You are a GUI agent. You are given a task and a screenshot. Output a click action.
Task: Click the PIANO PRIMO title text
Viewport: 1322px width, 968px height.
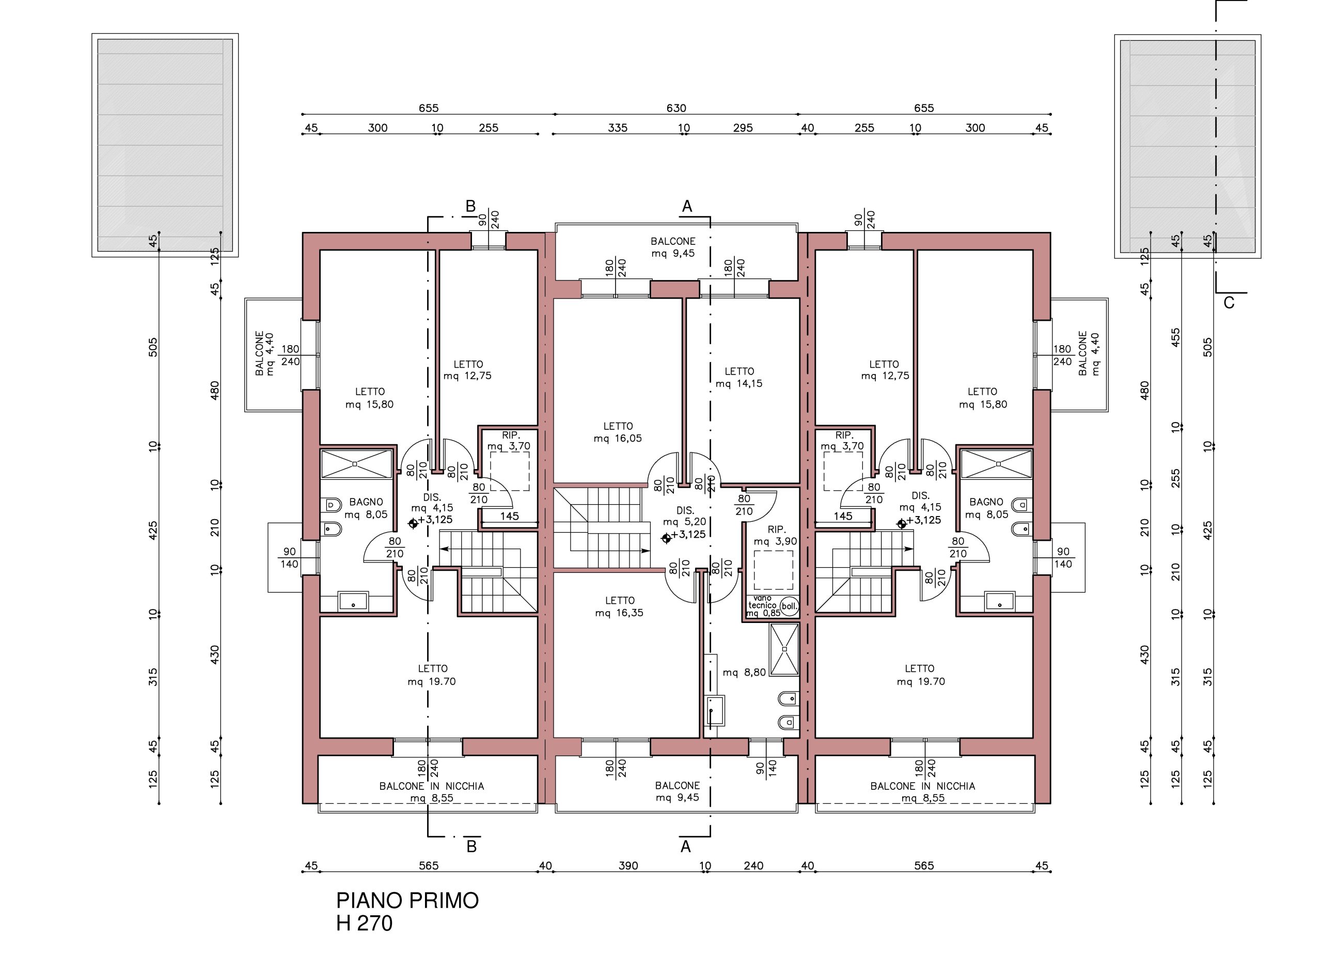pyautogui.click(x=407, y=901)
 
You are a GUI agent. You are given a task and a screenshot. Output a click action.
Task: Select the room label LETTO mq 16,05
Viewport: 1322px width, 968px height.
pyautogui.click(x=618, y=432)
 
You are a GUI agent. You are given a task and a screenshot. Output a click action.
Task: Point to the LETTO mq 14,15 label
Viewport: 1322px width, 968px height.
pyautogui.click(x=739, y=378)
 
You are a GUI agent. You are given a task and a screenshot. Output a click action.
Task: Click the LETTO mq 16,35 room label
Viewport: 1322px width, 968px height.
pyautogui.click(x=619, y=606)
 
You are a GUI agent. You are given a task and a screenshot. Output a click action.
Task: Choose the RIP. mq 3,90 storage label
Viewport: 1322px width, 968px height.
pyautogui.click(x=776, y=536)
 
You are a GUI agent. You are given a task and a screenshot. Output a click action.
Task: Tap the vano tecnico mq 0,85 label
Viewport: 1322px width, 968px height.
pyautogui.click(x=763, y=606)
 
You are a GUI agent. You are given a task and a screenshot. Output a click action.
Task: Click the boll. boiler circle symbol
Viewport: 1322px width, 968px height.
pyautogui.click(x=789, y=606)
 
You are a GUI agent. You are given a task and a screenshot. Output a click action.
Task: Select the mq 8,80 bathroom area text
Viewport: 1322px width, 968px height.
pyautogui.click(x=744, y=673)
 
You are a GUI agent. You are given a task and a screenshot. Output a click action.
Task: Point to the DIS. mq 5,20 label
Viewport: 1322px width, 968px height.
pyautogui.click(x=685, y=516)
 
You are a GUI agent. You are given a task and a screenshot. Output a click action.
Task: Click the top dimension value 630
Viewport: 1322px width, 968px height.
pyautogui.click(x=676, y=108)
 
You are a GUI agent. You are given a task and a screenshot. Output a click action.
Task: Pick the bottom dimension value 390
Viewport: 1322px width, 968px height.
pyautogui.click(x=628, y=865)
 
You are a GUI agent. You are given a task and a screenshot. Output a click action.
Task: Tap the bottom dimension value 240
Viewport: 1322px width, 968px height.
pyautogui.click(x=753, y=865)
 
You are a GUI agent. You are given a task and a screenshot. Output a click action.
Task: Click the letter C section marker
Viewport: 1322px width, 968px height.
pyautogui.click(x=1229, y=302)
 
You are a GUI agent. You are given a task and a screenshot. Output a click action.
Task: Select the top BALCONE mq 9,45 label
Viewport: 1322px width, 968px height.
pyautogui.click(x=673, y=247)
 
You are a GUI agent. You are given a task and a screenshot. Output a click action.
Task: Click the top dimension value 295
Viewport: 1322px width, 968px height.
pyautogui.click(x=743, y=128)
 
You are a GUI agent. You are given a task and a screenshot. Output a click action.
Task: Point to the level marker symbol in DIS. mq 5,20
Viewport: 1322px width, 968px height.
pyautogui.click(x=666, y=538)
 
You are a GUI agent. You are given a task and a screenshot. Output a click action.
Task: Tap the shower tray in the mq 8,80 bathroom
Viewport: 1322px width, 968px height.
pyautogui.click(x=784, y=649)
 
